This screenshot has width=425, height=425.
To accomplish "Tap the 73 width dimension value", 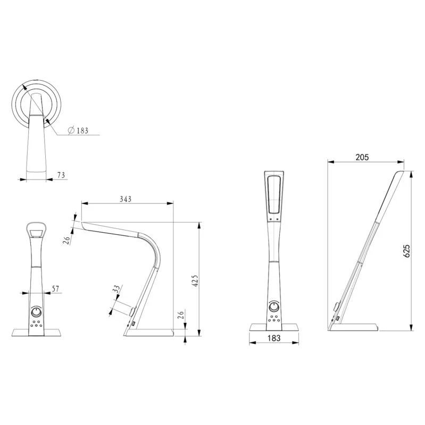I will click(61, 175).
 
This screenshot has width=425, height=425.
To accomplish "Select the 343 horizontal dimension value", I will click(126, 199).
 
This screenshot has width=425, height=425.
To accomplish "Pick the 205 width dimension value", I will click(362, 157).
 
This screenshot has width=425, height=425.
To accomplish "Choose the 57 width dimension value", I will click(55, 288).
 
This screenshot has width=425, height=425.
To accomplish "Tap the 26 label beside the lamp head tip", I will click(67, 239).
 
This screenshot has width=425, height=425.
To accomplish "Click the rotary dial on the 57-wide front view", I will click(37, 312).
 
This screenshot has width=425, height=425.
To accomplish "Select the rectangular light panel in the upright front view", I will click(274, 194).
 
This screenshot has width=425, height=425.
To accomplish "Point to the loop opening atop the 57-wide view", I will click(36, 231).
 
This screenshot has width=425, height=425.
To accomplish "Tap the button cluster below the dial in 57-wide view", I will click(36, 325).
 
